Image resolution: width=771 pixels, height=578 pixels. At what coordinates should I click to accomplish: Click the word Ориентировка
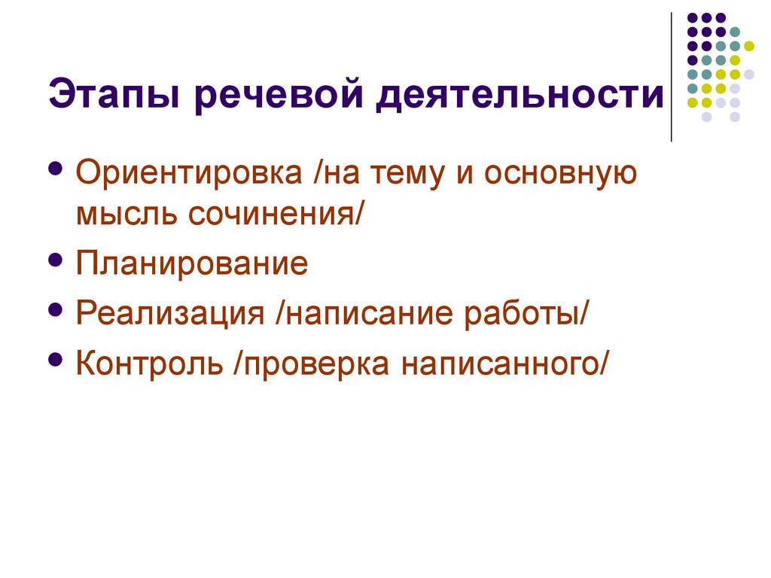190,175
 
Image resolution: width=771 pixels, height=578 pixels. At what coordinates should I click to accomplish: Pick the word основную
562,175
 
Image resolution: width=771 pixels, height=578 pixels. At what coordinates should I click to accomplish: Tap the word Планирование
192,264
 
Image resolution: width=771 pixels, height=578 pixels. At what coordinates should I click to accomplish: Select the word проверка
315,363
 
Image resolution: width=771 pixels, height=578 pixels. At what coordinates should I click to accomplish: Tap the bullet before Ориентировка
55,168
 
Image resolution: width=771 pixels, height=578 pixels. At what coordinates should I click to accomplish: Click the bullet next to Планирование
55,260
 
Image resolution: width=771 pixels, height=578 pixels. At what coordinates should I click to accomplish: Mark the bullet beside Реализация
55,309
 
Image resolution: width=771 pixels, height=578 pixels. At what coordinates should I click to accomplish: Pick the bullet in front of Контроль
55,358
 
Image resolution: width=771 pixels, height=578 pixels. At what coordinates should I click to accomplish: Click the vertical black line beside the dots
671,75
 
